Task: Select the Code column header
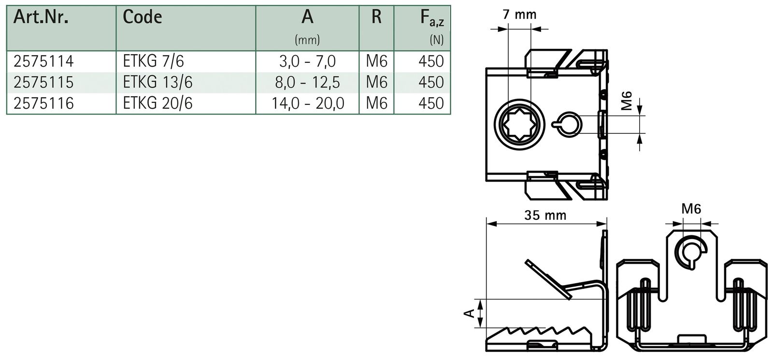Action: coord(142,18)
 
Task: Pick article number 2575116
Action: coord(43,103)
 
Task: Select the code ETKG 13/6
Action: coord(157,82)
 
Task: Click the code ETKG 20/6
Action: coord(157,103)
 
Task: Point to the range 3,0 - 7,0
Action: coord(308,61)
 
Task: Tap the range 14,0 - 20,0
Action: coord(308,103)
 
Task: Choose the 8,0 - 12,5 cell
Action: coord(308,82)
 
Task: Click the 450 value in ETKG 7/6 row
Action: coord(431,61)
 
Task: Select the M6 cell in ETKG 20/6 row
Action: coord(376,103)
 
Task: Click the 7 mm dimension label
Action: coord(519,14)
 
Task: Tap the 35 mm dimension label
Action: coord(545,215)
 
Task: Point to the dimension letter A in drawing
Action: coord(468,314)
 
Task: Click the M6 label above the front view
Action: coord(691,209)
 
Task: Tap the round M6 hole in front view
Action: coord(692,250)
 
